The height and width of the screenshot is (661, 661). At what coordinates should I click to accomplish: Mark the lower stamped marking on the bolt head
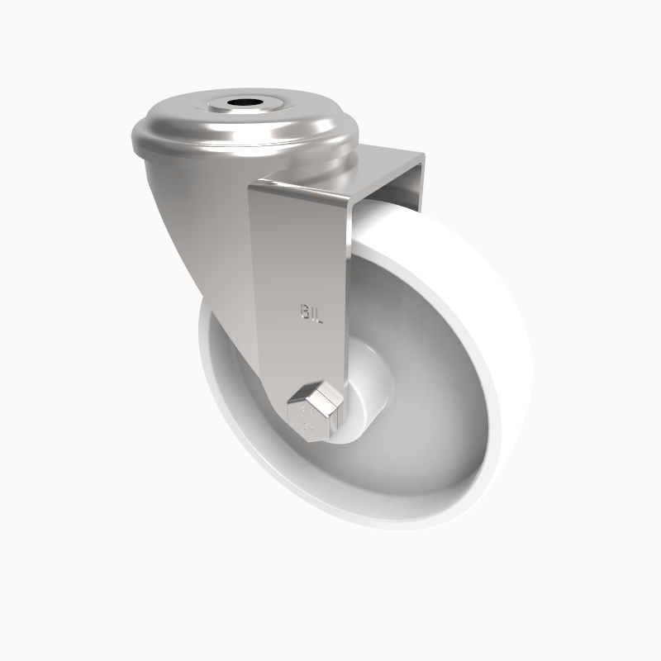click(x=308, y=426)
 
